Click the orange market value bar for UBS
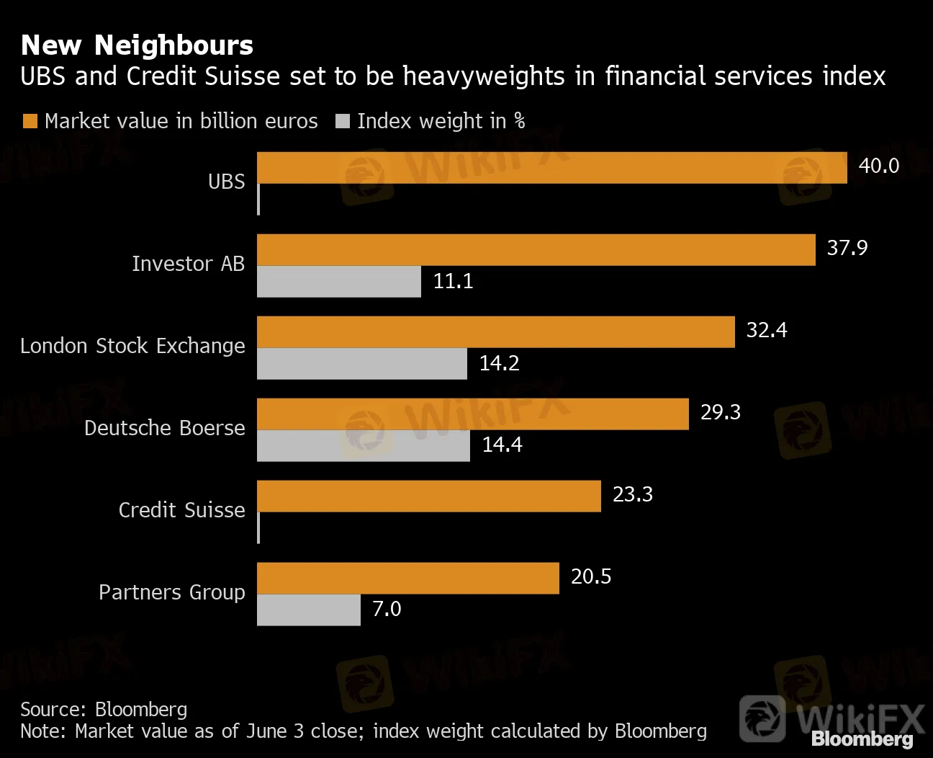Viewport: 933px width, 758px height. pyautogui.click(x=551, y=167)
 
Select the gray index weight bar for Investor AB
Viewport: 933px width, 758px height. pyautogui.click(x=339, y=282)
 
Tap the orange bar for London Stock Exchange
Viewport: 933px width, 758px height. pyautogui.click(x=495, y=332)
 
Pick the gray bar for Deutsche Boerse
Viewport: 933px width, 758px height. pyautogui.click(x=364, y=446)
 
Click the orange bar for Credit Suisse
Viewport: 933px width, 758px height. pyautogui.click(x=428, y=496)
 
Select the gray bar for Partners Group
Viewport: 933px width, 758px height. pyautogui.click(x=309, y=610)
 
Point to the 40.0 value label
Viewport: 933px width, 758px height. pyautogui.click(x=879, y=166)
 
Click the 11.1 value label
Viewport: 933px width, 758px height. pyautogui.click(x=453, y=281)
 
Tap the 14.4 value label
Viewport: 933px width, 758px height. pyautogui.click(x=502, y=445)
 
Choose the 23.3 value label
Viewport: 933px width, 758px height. pyautogui.click(x=633, y=494)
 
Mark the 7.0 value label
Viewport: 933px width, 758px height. pyautogui.click(x=387, y=610)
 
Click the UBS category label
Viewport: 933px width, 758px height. pyautogui.click(x=226, y=182)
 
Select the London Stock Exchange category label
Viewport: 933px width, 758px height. pyautogui.click(x=132, y=347)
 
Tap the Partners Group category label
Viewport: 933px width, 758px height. pyautogui.click(x=172, y=592)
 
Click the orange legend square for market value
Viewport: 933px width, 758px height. pyautogui.click(x=30, y=121)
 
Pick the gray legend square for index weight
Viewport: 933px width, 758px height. pyautogui.click(x=343, y=121)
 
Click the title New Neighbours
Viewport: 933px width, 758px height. pyautogui.click(x=137, y=45)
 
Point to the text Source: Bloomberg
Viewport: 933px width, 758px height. pyautogui.click(x=104, y=709)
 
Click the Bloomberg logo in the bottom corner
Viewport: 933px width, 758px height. pyautogui.click(x=862, y=739)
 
